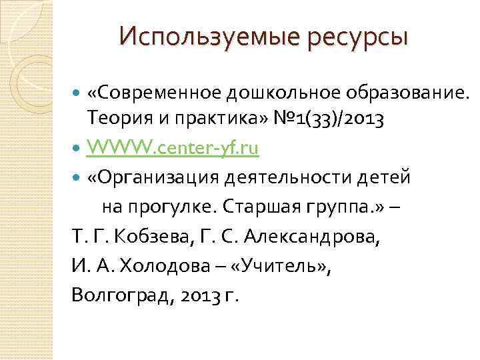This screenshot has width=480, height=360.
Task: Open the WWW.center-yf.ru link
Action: pos(173,148)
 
